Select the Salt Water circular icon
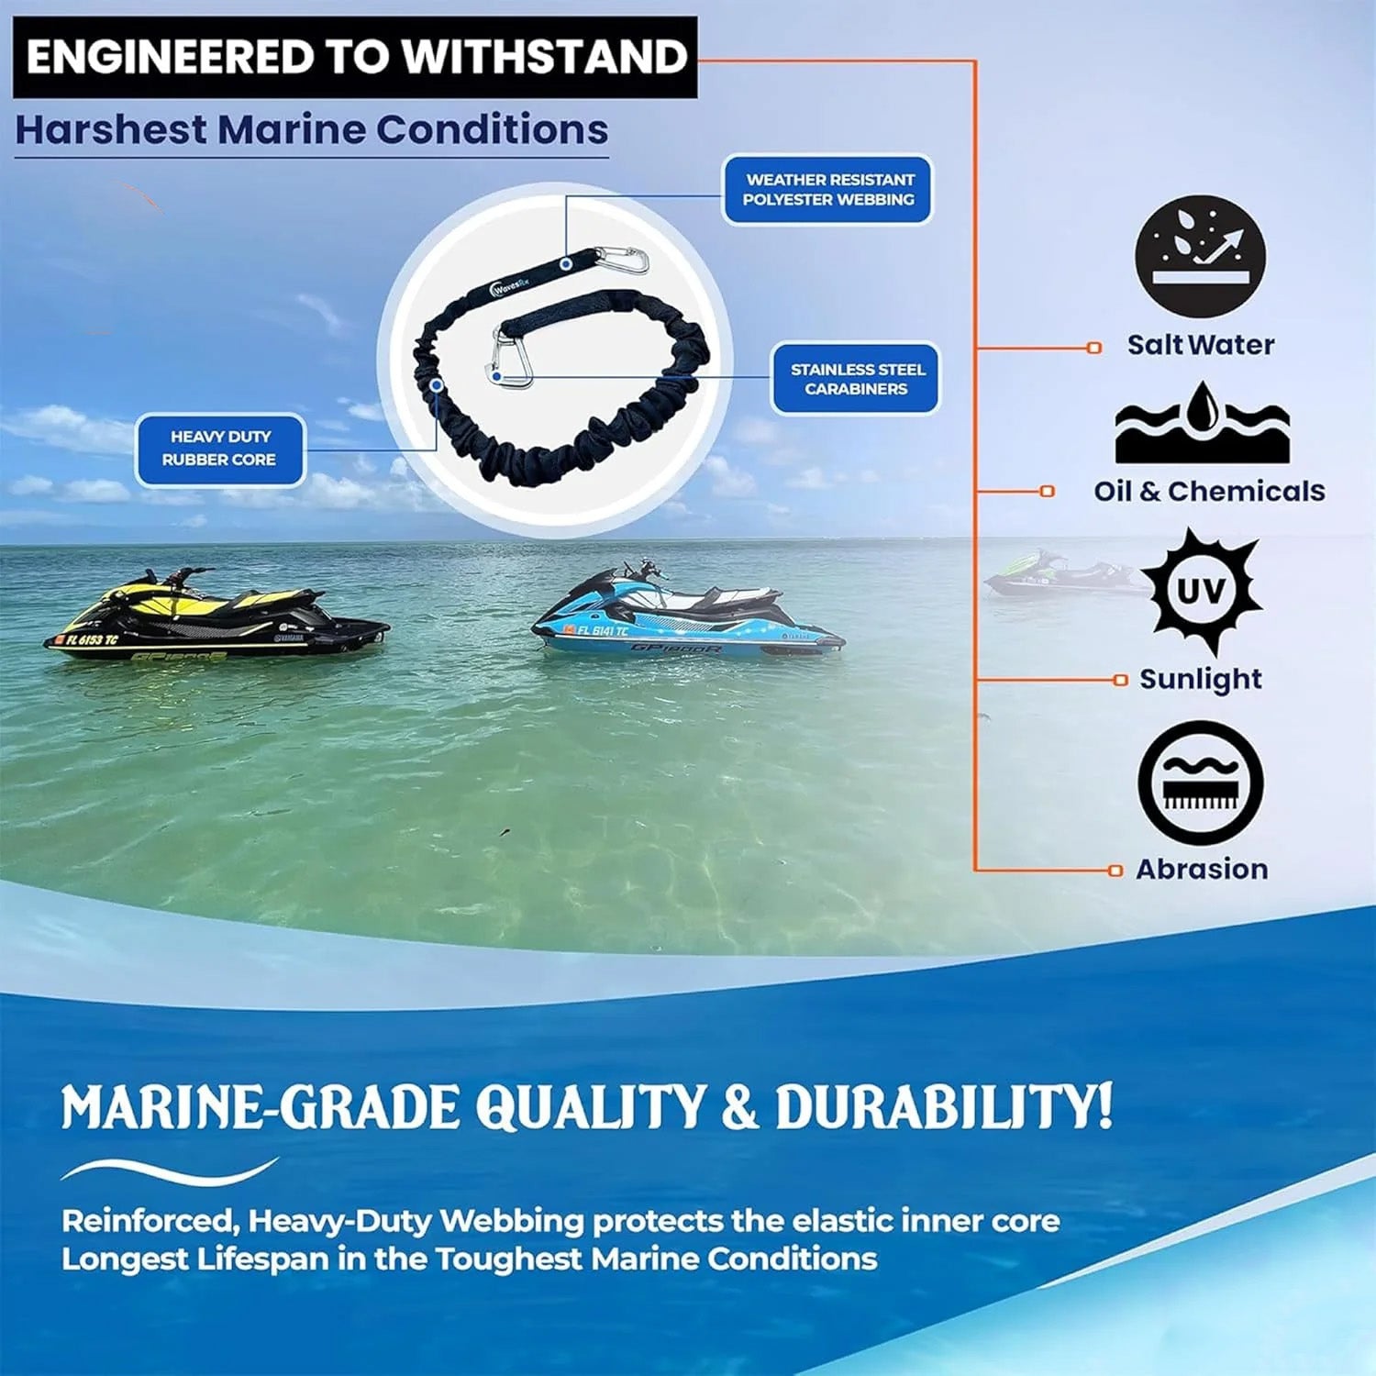tap(1200, 256)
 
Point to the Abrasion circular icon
tap(1201, 782)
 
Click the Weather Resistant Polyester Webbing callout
tap(827, 190)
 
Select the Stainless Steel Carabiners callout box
tap(857, 379)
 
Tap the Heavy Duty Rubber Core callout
tap(220, 449)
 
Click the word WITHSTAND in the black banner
tap(544, 57)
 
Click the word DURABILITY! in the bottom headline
tap(944, 1106)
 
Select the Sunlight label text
tap(1200, 679)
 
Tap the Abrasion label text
tap(1202, 869)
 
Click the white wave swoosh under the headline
tap(170, 1171)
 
